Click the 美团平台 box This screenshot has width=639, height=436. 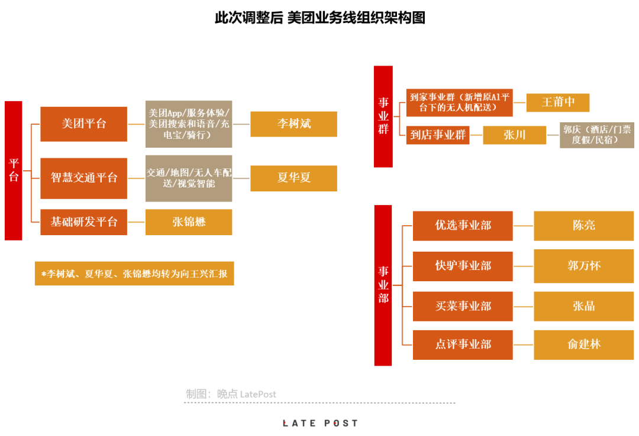[x=83, y=123]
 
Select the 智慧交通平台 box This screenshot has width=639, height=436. [x=83, y=178]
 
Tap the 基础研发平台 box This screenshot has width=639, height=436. [x=83, y=222]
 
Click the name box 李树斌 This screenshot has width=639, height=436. [x=293, y=123]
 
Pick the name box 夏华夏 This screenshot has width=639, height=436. [x=293, y=178]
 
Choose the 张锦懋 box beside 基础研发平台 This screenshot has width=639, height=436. [x=189, y=222]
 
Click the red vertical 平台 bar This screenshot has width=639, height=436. [x=14, y=171]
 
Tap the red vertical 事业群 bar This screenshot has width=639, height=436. [x=383, y=116]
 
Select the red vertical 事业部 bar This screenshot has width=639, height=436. [x=383, y=285]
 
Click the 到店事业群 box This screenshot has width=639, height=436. [x=438, y=135]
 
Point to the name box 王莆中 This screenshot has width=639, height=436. [x=558, y=102]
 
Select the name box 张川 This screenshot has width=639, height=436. [x=514, y=135]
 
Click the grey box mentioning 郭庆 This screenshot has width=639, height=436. [x=596, y=135]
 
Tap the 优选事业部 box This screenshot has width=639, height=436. [x=463, y=226]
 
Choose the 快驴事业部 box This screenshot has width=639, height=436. [x=463, y=266]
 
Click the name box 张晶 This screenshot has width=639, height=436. [x=583, y=306]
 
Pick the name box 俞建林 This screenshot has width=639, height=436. [x=583, y=345]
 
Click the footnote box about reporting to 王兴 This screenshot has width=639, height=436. [x=134, y=274]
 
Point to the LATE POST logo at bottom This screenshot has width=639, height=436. [x=320, y=424]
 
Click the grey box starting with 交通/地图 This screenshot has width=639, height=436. [x=189, y=178]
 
